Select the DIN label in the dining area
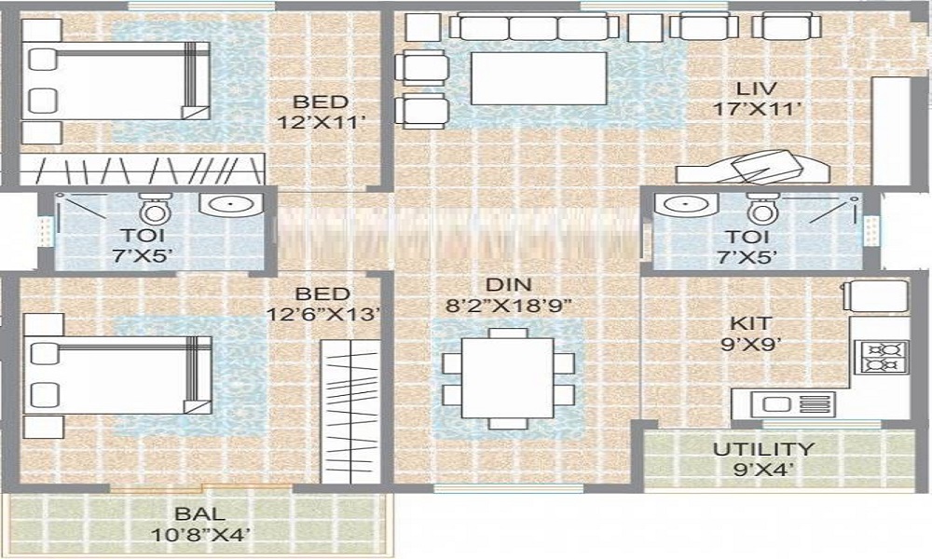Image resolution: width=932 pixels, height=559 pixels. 508,284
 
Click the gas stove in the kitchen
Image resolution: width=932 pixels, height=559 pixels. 879,358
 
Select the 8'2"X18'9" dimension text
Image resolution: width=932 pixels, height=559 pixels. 508,305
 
